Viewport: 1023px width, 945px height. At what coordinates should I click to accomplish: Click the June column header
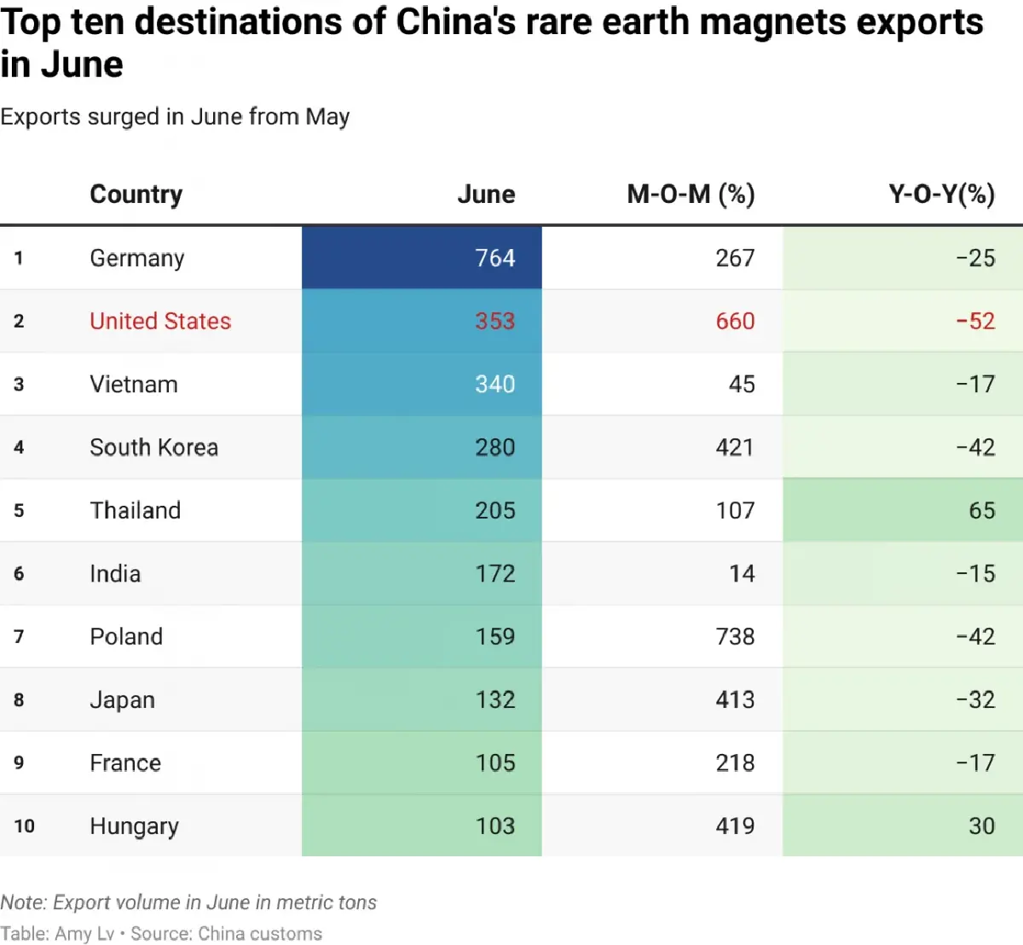486,194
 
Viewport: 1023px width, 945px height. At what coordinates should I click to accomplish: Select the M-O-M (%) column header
691,194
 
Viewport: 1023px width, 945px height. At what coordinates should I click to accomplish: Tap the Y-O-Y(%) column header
941,194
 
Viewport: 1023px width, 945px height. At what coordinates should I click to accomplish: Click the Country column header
136,194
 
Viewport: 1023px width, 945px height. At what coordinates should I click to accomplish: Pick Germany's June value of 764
494,258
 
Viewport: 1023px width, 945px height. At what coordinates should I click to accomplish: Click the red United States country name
160,321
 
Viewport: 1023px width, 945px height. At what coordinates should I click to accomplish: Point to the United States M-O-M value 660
735,321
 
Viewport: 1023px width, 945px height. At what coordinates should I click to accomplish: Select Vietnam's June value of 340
494,384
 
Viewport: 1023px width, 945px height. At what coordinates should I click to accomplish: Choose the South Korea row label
153,447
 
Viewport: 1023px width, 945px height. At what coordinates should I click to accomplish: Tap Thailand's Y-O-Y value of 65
981,510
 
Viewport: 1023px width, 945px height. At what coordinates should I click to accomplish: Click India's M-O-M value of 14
742,573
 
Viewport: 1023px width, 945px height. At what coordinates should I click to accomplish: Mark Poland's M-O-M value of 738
735,636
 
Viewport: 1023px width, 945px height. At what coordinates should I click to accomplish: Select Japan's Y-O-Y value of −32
975,699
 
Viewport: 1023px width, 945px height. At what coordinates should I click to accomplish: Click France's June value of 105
494,762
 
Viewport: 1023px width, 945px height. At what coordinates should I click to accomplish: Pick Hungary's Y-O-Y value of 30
981,826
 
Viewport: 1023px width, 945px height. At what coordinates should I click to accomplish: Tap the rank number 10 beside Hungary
24,826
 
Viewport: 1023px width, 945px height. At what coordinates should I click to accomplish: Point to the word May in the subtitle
327,117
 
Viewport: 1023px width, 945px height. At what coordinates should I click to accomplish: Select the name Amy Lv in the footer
84,934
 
